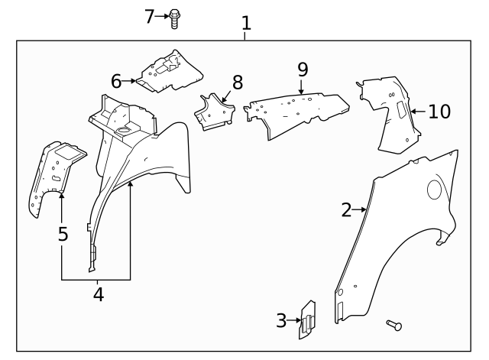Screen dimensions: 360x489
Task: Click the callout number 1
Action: click(246, 23)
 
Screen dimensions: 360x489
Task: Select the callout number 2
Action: click(346, 209)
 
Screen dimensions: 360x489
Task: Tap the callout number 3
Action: click(282, 320)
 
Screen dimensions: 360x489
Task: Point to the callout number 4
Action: click(98, 293)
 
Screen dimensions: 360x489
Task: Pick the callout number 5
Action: click(63, 233)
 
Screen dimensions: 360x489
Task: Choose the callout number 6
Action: click(116, 80)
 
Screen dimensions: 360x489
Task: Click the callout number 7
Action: click(150, 16)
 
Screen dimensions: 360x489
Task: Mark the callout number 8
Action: click(237, 82)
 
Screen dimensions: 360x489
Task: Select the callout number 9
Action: click(303, 70)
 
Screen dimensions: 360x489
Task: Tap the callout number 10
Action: click(439, 112)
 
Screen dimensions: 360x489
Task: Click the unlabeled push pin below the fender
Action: click(393, 326)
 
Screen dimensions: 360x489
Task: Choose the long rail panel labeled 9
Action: click(298, 109)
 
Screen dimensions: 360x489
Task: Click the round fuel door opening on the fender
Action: click(436, 189)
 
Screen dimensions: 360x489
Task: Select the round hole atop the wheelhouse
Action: click(121, 132)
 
